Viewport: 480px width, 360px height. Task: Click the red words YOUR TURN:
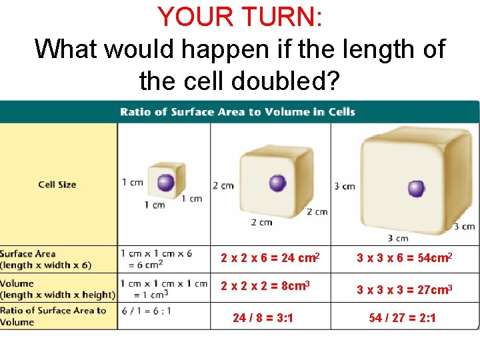tap(239, 17)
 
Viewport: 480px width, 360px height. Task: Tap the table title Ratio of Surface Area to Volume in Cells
tap(237, 111)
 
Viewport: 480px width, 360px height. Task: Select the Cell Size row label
tap(57, 184)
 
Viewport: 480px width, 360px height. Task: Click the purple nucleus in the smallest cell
tap(165, 182)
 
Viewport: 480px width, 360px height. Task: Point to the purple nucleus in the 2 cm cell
tap(277, 183)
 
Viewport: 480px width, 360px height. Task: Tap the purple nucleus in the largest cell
tap(416, 189)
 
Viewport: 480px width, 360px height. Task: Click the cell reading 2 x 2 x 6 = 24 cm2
tap(271, 257)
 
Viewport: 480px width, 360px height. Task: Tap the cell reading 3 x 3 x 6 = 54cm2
tap(405, 257)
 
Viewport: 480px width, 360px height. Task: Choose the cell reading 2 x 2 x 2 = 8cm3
tap(265, 286)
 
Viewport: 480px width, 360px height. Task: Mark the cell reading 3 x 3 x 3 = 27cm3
tap(405, 289)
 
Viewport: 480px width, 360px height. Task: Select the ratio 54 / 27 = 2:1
tap(403, 318)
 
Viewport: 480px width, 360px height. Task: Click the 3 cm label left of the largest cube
tap(345, 186)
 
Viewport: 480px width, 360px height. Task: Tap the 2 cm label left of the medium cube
tap(223, 185)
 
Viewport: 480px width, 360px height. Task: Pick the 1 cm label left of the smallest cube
tap(133, 183)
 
